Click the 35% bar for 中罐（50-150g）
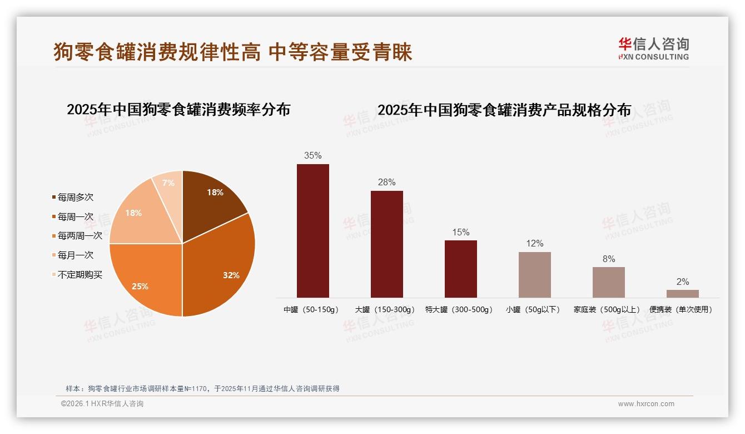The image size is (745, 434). [x=312, y=230]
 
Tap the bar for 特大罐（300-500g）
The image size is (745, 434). [x=460, y=269]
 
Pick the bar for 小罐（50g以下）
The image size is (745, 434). [x=534, y=274]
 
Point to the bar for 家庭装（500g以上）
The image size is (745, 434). [x=608, y=282]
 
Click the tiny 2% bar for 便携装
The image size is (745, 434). [x=682, y=293]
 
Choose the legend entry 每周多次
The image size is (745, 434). [x=76, y=198]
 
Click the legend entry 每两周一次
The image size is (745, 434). [x=80, y=236]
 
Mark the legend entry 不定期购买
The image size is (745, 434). [x=80, y=275]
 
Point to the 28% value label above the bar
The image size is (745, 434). [x=386, y=182]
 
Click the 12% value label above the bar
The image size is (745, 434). [x=534, y=243]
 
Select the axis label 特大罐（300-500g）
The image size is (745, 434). [x=459, y=309]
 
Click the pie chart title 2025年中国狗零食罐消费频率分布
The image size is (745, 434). [x=178, y=109]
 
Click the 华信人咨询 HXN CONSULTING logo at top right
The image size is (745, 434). [x=653, y=49]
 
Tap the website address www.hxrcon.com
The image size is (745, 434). [x=646, y=404]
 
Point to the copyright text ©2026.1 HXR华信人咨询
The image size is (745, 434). [x=102, y=404]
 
